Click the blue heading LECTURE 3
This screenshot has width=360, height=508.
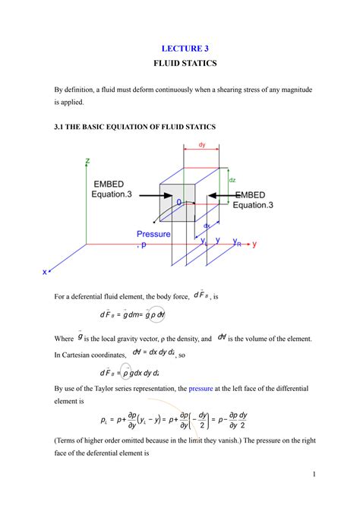click(180, 49)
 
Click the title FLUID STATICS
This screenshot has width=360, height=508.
click(180, 65)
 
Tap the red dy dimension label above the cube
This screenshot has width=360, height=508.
click(202, 144)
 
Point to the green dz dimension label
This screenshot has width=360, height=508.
click(232, 180)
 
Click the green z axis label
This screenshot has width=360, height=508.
click(88, 162)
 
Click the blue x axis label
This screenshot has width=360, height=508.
click(45, 271)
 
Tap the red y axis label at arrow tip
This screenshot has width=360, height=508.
click(254, 245)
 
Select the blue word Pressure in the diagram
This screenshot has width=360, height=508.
click(154, 235)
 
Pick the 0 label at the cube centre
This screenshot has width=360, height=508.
click(179, 203)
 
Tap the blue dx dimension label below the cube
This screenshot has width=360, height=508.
click(206, 226)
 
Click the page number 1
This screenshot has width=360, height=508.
click(313, 475)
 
